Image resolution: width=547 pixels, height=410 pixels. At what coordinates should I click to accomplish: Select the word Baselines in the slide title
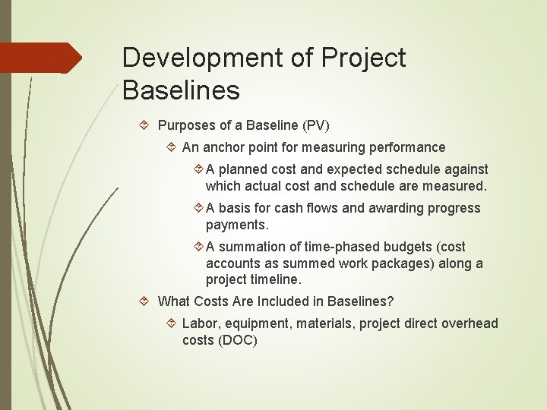coord(181,90)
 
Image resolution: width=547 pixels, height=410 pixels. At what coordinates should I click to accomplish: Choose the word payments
coord(237,225)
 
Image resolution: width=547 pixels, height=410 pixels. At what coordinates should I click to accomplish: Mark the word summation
coord(251,247)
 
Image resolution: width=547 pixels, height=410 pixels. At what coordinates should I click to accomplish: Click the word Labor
coord(199,323)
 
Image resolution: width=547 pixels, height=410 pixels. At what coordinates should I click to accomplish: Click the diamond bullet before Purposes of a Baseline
coord(144,125)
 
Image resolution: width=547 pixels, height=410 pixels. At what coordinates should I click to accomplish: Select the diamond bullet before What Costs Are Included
coord(144,301)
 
